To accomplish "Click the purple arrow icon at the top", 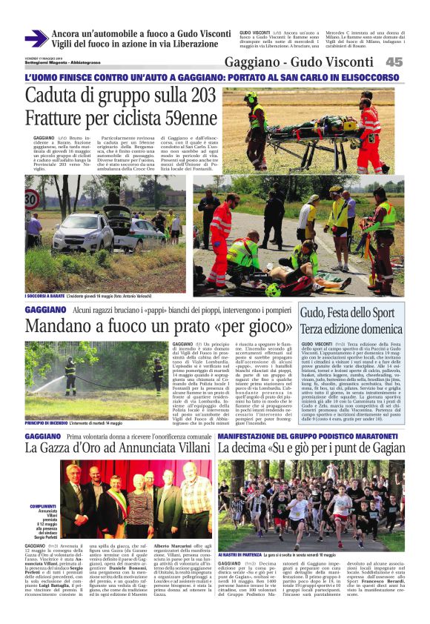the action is (36, 39).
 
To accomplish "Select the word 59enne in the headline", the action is (181, 118).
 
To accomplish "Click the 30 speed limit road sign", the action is (32, 200).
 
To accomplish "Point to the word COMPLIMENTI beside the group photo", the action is (43, 485).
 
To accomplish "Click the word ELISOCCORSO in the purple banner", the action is (371, 78).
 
